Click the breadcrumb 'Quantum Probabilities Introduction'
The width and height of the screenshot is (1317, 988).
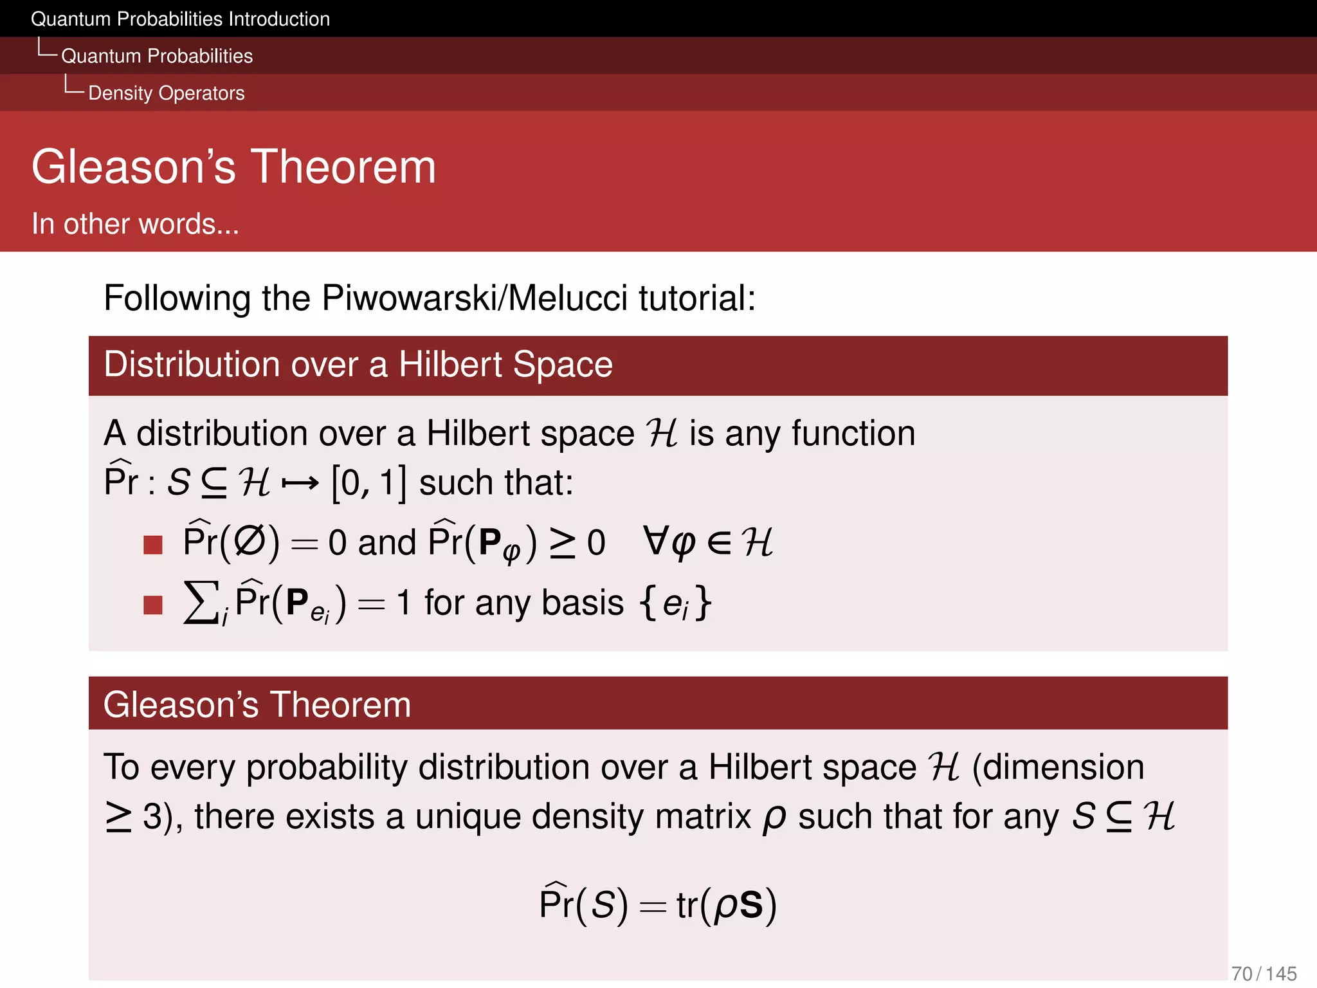tap(180, 19)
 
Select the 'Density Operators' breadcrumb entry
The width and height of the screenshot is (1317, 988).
tap(166, 93)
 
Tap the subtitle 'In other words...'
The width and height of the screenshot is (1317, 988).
tap(135, 224)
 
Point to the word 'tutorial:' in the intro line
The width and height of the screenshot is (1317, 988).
tap(697, 298)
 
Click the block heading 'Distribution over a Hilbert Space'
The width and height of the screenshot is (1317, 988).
tap(358, 365)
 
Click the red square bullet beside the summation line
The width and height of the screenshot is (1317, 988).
tap(153, 605)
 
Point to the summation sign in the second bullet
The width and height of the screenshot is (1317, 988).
tap(201, 603)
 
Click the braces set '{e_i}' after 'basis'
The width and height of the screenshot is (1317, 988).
tap(675, 603)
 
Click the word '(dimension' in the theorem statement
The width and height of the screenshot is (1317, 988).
tap(1058, 767)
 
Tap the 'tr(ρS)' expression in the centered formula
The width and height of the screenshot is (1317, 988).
tap(726, 905)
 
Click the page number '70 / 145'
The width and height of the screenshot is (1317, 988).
tap(1264, 974)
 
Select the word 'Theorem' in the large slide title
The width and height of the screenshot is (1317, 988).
tap(343, 167)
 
